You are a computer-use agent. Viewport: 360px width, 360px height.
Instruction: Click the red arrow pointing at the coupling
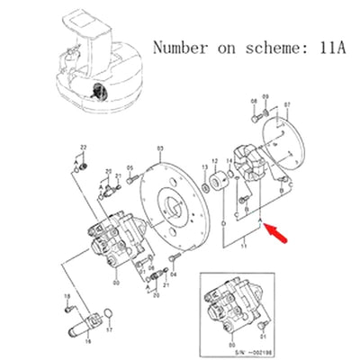point(275,236)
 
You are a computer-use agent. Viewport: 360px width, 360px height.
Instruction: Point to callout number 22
point(83,146)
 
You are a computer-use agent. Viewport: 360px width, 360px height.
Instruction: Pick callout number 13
point(203,168)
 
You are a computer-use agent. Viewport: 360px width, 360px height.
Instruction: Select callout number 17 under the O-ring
point(109,330)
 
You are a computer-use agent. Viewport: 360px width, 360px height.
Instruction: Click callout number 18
point(67,295)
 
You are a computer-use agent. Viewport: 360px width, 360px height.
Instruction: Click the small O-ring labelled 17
point(108,313)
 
